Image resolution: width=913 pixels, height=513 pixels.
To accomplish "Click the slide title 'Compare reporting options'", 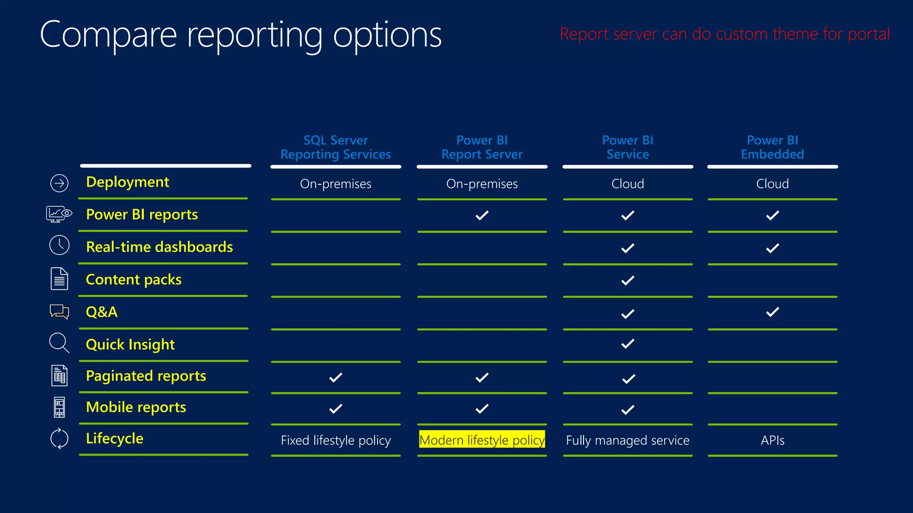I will [x=241, y=36].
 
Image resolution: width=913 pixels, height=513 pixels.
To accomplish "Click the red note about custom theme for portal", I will [x=724, y=34].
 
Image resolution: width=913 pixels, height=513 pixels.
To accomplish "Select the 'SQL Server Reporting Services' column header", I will [x=336, y=147].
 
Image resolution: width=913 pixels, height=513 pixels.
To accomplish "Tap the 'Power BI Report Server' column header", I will [x=482, y=147].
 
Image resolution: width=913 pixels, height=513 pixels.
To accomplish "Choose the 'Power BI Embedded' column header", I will [x=772, y=147].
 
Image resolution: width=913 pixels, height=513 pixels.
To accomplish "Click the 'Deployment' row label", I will [x=127, y=182].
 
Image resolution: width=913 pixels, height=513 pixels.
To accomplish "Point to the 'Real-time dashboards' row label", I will [x=159, y=247].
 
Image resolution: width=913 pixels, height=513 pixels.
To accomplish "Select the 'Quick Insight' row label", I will [x=130, y=345].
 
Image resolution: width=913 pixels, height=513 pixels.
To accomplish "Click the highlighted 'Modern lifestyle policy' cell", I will [x=482, y=440].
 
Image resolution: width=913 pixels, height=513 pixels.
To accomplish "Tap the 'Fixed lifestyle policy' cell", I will [x=336, y=440].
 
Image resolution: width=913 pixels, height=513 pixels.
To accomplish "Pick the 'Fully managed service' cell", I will [x=628, y=440].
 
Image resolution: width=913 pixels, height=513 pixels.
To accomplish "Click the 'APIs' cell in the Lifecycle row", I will [x=773, y=440].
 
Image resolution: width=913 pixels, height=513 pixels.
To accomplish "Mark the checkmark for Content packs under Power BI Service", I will [x=628, y=281].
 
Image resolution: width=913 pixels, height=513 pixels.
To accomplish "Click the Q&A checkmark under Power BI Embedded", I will [x=773, y=312].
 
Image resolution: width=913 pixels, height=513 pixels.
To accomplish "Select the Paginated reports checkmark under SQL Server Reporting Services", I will [x=336, y=378].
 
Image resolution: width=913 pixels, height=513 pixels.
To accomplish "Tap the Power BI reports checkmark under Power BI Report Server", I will [x=482, y=216].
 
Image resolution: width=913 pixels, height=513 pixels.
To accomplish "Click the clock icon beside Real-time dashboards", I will [x=59, y=245].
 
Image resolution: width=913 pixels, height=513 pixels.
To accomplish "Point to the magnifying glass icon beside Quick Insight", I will [x=59, y=343].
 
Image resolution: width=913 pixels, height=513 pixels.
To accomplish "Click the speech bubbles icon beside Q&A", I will [x=59, y=312].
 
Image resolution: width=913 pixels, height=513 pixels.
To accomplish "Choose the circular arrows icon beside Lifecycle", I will [x=59, y=439].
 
